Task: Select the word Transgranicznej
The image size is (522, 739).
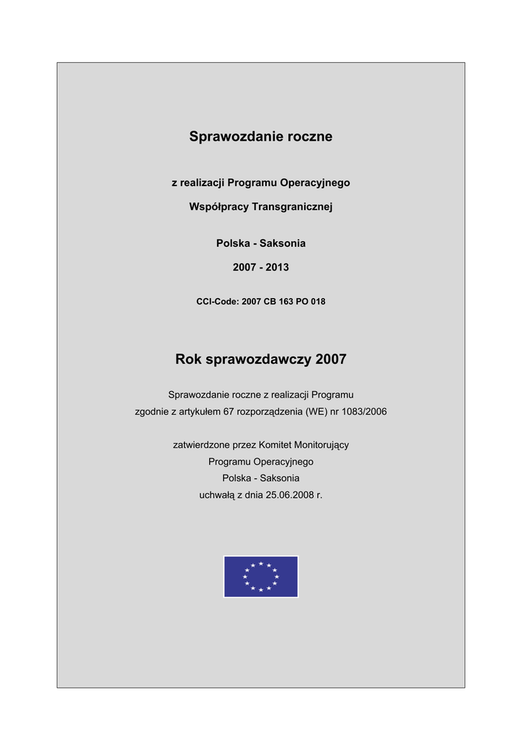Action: pyautogui.click(x=292, y=206)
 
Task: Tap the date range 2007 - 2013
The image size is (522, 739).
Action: pyautogui.click(x=261, y=267)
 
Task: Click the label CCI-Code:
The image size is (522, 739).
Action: pyautogui.click(x=218, y=302)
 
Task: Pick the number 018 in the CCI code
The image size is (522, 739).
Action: pyautogui.click(x=318, y=302)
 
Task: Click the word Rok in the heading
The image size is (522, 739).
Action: pyautogui.click(x=189, y=359)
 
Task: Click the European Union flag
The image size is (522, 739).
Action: pyautogui.click(x=261, y=577)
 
